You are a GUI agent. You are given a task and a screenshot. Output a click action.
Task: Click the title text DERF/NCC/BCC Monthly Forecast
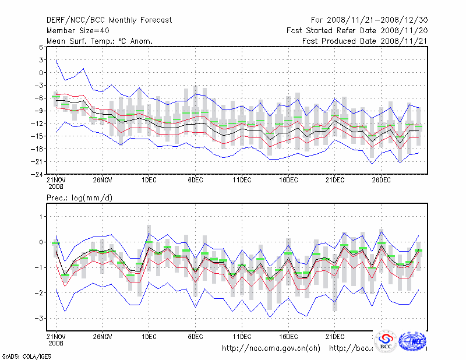109,20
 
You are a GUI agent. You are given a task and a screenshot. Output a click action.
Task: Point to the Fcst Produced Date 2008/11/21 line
365,41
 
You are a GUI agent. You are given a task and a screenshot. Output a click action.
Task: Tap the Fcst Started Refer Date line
357,30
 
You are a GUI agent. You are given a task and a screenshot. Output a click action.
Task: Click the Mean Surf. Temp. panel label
100,41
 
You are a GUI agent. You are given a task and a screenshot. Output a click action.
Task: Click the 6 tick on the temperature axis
41,47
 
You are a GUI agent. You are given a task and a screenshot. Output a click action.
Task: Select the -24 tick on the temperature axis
38,174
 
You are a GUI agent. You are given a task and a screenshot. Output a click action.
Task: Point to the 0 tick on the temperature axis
41,73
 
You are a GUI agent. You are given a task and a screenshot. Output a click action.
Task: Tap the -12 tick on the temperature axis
38,123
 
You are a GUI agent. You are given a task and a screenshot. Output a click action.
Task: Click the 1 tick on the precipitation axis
41,216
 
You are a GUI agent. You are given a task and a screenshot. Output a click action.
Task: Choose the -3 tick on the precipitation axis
40,318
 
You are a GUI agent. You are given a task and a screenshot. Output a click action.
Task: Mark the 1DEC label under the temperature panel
149,180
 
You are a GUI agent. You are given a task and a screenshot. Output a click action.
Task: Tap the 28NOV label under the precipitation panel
102,337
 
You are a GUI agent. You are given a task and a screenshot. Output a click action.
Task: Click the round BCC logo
386,340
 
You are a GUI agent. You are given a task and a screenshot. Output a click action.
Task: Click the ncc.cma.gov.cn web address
271,348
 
